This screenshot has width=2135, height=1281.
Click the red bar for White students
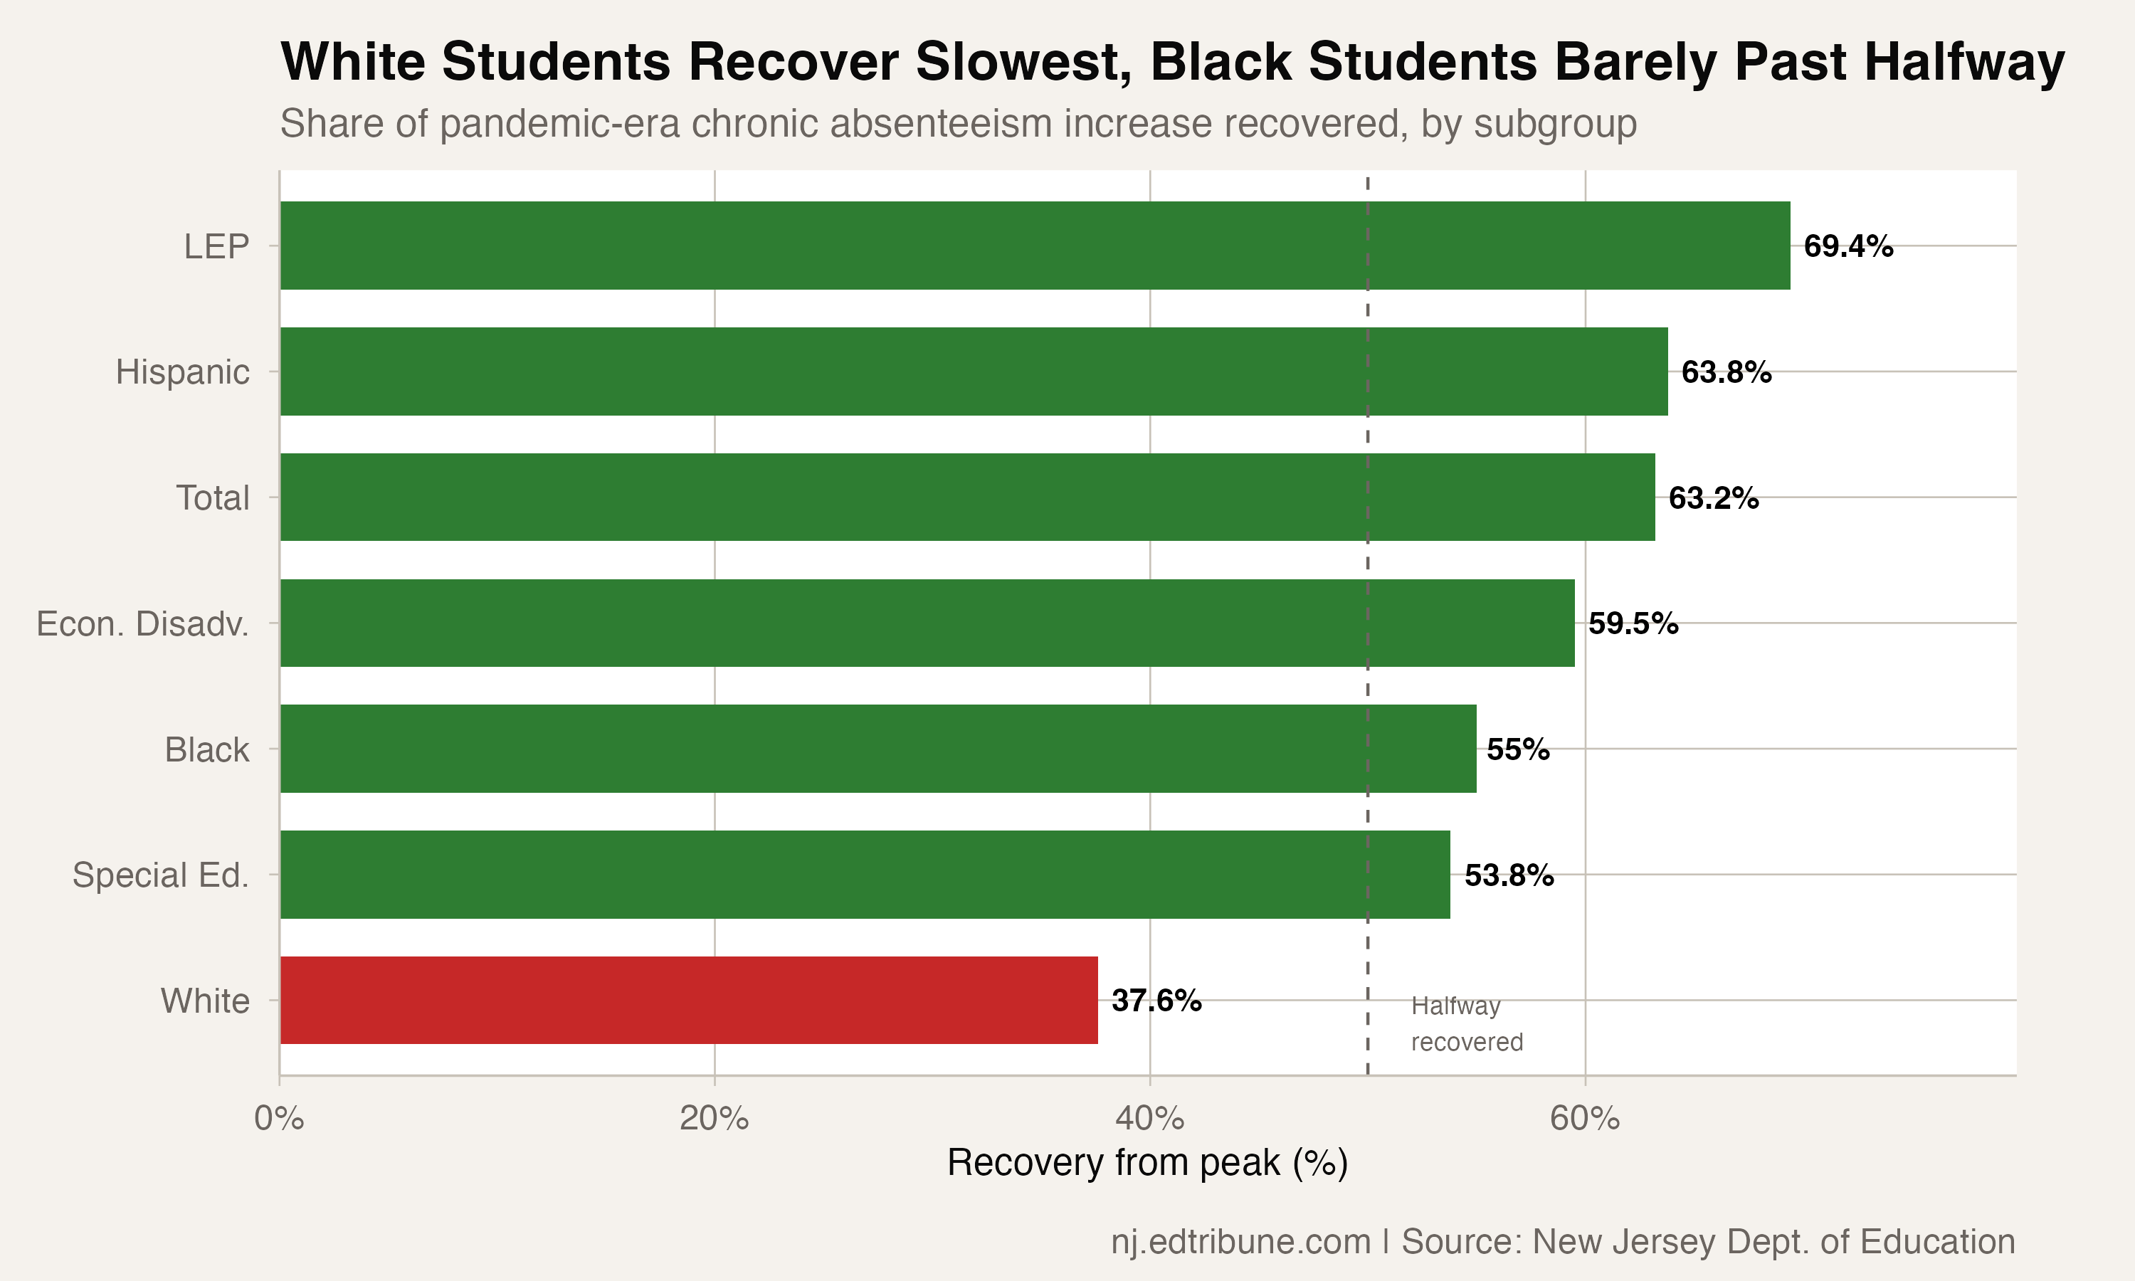pos(689,1000)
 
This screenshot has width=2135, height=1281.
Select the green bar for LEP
pos(1034,245)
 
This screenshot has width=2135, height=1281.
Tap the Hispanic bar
pos(974,371)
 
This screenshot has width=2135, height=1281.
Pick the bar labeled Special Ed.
pos(865,875)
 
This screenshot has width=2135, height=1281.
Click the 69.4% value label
pos(1847,246)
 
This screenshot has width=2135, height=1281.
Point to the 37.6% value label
pos(1156,1001)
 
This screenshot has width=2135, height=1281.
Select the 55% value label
pos(1517,749)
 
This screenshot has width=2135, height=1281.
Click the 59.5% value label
pos(1633,623)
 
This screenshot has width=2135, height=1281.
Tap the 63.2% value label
pos(1713,498)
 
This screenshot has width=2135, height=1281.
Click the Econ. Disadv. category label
pos(142,623)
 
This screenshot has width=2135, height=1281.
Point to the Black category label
pos(206,749)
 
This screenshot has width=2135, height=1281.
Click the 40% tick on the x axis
pos(1149,1119)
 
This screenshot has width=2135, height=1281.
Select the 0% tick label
pos(279,1119)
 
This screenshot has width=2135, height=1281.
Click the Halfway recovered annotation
pos(1465,1024)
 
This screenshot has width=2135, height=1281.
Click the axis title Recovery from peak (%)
pos(1147,1163)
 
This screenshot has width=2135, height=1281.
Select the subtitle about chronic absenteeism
pos(958,123)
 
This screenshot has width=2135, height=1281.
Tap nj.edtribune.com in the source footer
pos(1240,1241)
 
